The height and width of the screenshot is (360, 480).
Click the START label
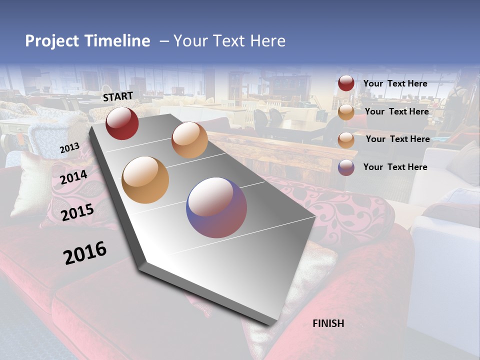[x=118, y=96]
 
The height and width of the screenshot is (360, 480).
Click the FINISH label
[x=328, y=323]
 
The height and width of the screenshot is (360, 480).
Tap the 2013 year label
[x=69, y=148]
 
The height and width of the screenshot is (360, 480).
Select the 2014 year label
[x=74, y=177]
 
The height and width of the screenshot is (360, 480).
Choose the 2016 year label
[x=85, y=252]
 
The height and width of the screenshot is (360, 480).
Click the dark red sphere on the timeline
[x=122, y=123]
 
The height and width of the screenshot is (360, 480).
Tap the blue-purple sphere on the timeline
[x=216, y=207]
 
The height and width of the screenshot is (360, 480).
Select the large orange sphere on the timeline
[x=145, y=180]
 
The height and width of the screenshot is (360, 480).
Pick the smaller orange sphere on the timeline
[x=189, y=140]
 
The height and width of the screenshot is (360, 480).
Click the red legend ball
[x=346, y=83]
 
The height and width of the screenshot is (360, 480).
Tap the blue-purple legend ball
[x=346, y=167]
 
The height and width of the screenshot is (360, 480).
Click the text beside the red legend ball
[x=395, y=83]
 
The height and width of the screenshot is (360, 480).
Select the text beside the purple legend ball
[x=395, y=167]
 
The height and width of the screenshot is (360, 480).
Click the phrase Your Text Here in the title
[x=229, y=41]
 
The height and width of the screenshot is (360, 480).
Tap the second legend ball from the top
[x=346, y=112]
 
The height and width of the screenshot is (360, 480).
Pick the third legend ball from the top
[x=346, y=140]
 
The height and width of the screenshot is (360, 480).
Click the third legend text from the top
[x=397, y=139]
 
